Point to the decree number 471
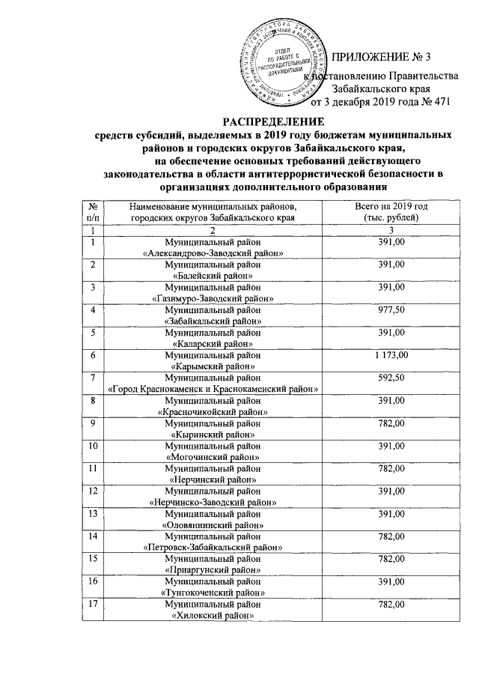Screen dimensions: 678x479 point(441,103)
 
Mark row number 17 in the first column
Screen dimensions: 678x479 point(92,604)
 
